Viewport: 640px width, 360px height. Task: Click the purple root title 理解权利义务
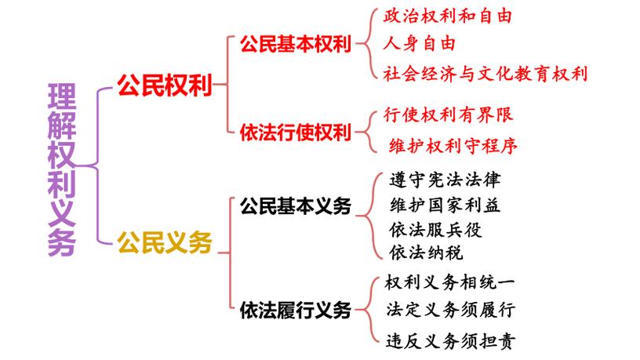point(62,169)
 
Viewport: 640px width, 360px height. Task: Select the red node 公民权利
point(165,85)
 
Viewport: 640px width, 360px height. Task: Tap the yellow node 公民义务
point(165,242)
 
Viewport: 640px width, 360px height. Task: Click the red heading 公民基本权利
point(296,44)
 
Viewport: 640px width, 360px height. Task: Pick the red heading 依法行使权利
point(296,133)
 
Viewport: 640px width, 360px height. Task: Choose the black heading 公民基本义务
point(296,206)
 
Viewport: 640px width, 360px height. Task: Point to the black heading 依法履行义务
point(296,311)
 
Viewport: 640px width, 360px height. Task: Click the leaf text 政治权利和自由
point(447,16)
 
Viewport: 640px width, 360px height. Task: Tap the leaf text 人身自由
point(419,43)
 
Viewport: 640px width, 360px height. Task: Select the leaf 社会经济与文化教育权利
point(485,74)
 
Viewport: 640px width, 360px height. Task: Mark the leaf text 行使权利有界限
point(448,115)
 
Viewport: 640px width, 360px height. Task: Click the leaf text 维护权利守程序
point(453,146)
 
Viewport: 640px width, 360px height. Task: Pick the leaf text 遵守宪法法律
point(445,180)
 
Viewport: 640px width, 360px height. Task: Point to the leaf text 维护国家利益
point(445,205)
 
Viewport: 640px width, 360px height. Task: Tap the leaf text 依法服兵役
point(435,230)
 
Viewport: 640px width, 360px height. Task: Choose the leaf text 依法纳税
point(426,253)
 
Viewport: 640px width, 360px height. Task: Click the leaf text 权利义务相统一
point(449,282)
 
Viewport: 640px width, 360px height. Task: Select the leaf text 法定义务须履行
point(451,310)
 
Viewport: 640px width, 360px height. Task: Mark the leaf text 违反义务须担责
point(451,341)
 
